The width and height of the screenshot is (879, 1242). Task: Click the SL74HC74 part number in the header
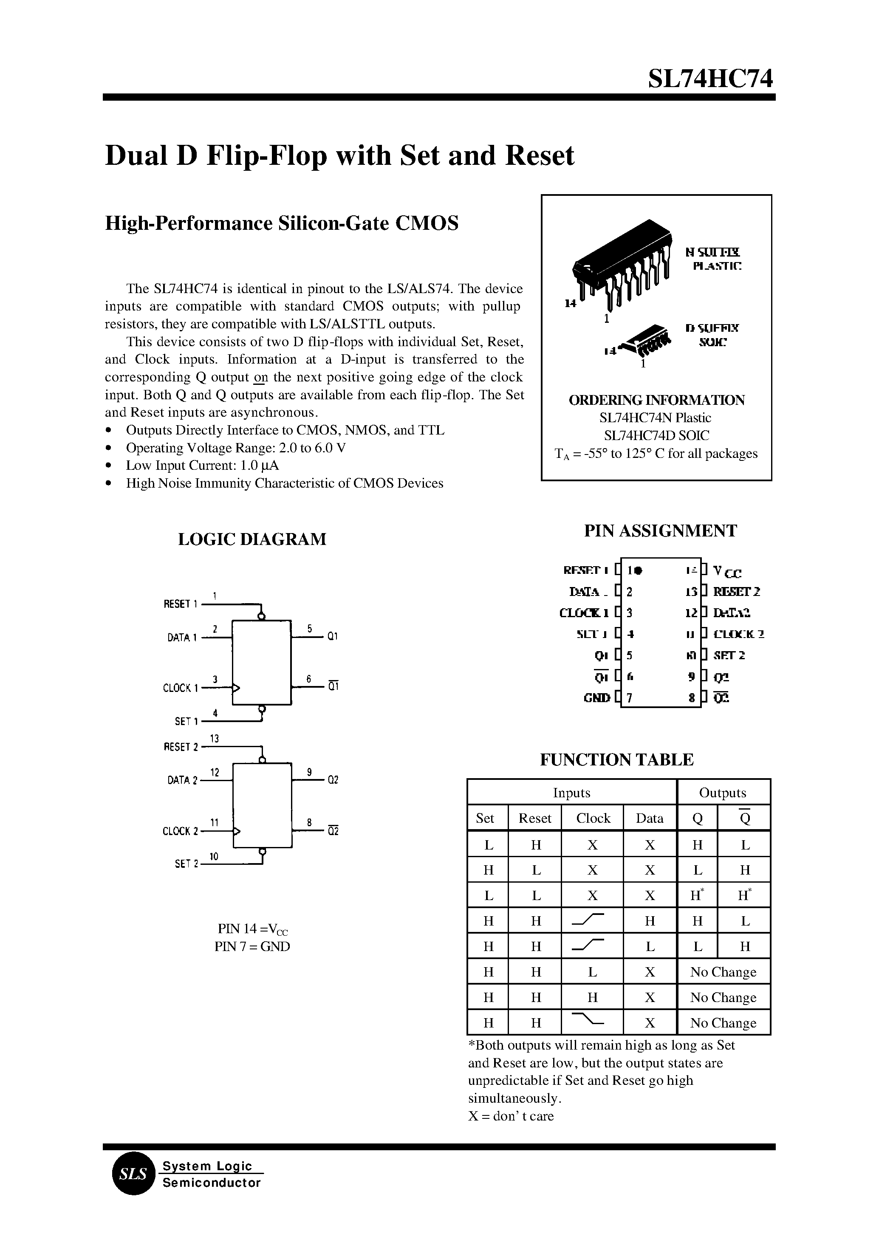(x=711, y=79)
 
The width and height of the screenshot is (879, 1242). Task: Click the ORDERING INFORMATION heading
(x=656, y=400)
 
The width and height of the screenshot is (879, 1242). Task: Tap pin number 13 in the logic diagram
(x=215, y=738)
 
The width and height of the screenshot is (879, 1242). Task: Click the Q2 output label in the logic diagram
(x=332, y=780)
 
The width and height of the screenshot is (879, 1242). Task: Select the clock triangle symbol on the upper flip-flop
(x=236, y=688)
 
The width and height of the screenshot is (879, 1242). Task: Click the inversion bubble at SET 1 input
(x=262, y=709)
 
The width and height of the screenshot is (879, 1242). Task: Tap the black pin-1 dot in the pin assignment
(x=639, y=570)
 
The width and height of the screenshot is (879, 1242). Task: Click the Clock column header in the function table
(x=593, y=818)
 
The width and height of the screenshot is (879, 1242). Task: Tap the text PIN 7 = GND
(x=252, y=946)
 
